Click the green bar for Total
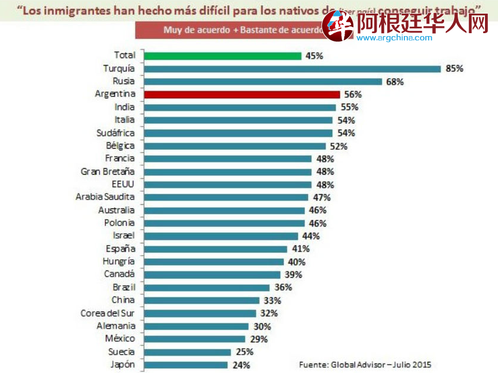click(223, 56)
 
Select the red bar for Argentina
click(242, 94)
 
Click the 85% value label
click(454, 69)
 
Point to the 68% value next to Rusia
click(395, 82)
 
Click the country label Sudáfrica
click(115, 133)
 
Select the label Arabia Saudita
click(105, 197)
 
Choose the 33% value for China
click(272, 300)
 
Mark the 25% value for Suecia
click(243, 352)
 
